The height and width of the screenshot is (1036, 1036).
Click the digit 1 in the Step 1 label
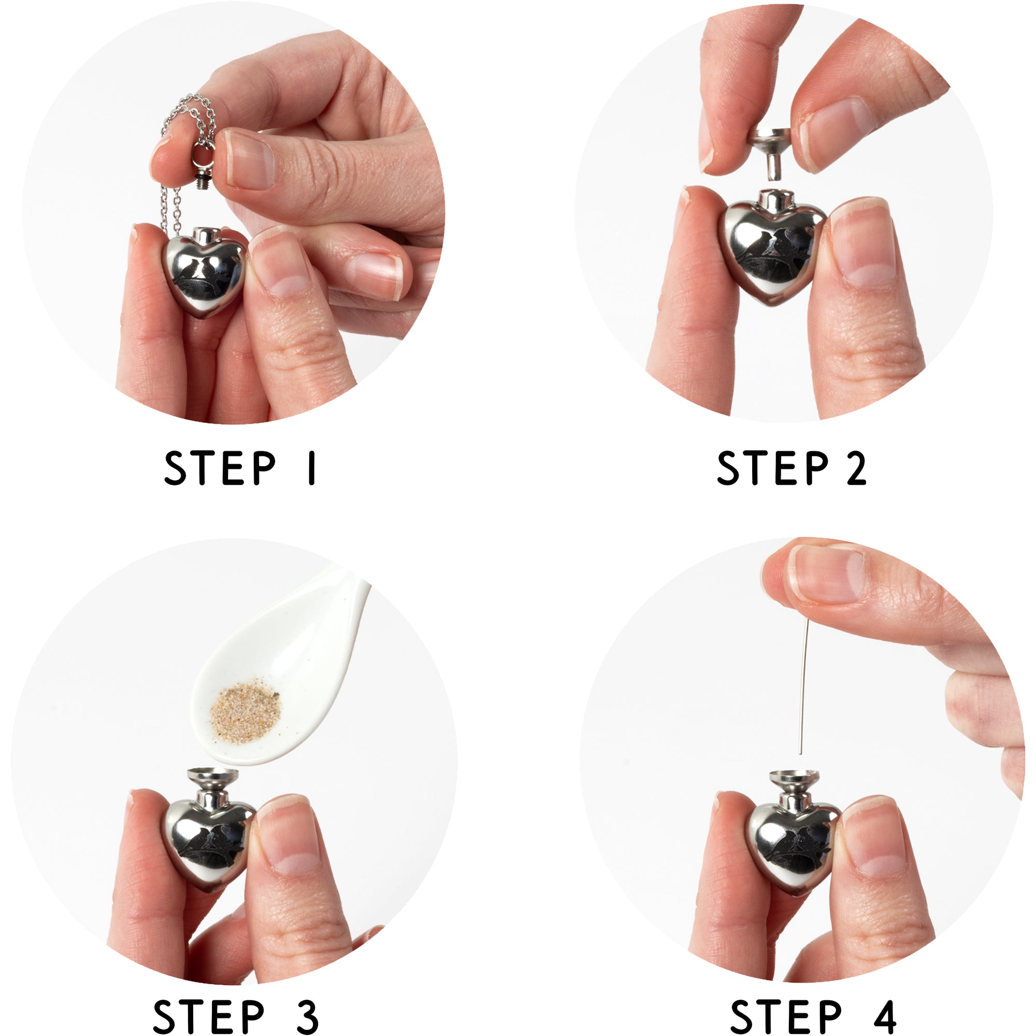coord(311,469)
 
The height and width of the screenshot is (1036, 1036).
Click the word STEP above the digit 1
coord(219,469)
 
